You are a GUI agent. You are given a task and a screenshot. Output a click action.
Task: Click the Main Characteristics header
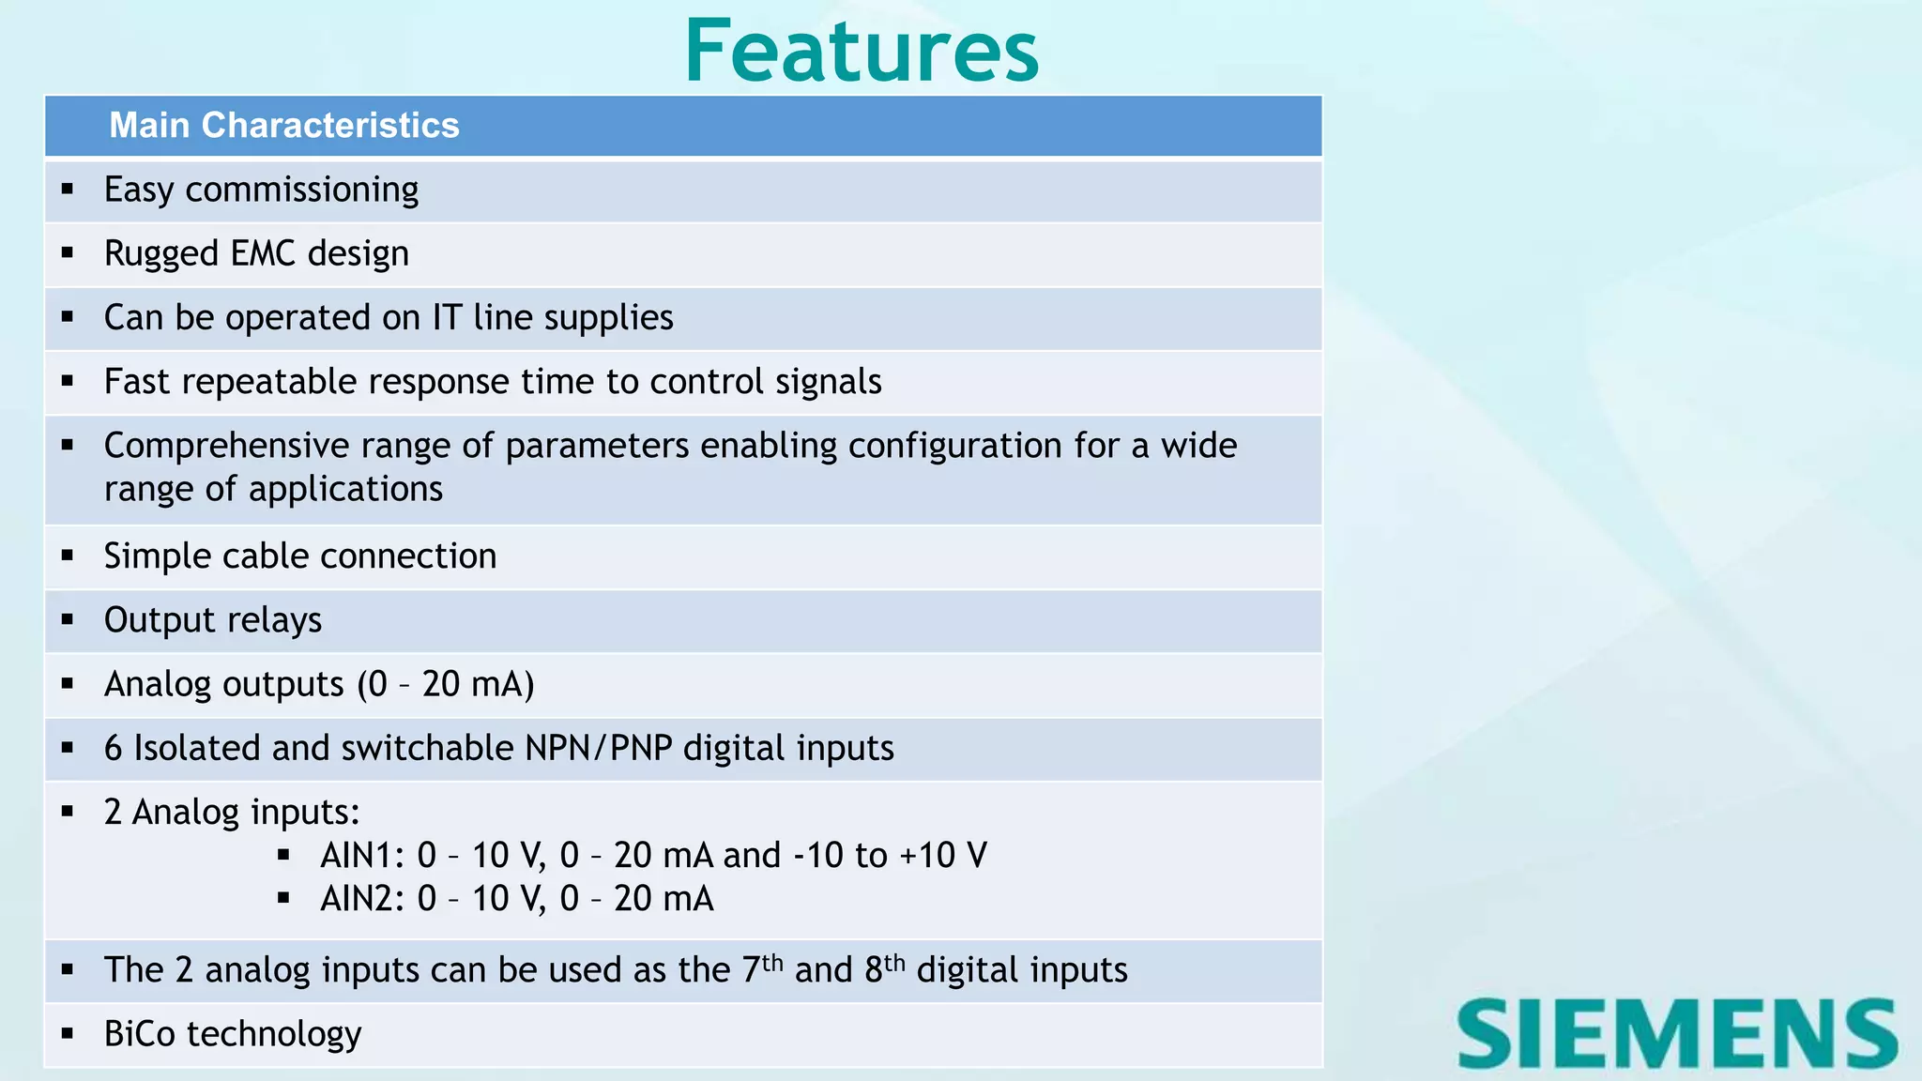coord(283,126)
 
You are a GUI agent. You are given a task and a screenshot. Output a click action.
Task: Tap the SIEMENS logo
coord(1677,1034)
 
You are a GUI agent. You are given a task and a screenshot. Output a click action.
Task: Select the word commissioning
coord(301,190)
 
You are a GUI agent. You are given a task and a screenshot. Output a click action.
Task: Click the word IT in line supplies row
coord(447,317)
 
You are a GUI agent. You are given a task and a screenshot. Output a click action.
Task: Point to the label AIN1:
coord(362,856)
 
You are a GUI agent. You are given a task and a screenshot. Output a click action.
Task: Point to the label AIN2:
coord(362,899)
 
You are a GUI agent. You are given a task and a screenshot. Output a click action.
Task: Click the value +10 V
coord(942,856)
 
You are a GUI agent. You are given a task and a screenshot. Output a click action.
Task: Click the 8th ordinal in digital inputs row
coord(884,968)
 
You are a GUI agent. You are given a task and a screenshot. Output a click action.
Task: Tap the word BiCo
coord(140,1034)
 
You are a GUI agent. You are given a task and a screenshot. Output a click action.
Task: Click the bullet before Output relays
coord(68,620)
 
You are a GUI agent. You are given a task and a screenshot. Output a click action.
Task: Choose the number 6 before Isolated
coord(114,748)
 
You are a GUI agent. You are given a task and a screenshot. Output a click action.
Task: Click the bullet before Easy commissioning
coord(68,190)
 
